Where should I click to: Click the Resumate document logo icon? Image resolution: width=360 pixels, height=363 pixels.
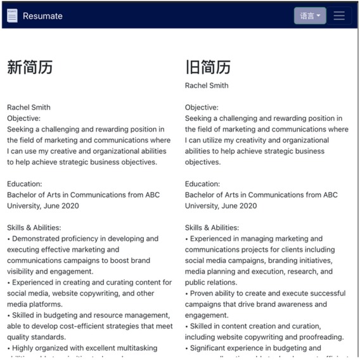click(12, 16)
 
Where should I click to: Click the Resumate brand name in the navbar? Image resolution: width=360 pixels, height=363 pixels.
click(42, 16)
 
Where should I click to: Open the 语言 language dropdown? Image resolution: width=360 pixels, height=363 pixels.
click(310, 16)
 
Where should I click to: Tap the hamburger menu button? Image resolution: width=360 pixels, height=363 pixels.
click(339, 16)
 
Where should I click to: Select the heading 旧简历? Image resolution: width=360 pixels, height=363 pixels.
click(208, 67)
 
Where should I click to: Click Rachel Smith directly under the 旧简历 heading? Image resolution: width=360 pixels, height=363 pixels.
click(207, 86)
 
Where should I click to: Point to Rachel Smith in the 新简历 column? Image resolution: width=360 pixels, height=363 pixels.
click(29, 107)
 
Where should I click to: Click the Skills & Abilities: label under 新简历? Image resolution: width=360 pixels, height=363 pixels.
click(34, 227)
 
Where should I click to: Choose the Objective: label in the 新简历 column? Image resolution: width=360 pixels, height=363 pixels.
click(23, 118)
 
